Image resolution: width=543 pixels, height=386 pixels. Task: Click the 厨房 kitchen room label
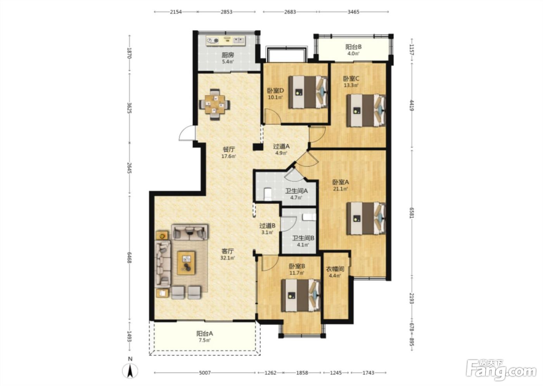(228, 55)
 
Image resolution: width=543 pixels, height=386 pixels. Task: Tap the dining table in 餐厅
(214, 105)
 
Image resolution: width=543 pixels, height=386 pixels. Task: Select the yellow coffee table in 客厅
(186, 263)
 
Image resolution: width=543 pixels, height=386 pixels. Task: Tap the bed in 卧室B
(301, 295)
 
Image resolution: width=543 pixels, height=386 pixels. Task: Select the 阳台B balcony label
(353, 47)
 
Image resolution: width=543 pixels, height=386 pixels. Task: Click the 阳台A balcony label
(205, 333)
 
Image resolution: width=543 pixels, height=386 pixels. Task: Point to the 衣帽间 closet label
(335, 269)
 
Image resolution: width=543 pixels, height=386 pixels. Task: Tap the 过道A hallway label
(281, 146)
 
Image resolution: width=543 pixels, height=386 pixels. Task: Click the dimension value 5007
(205, 373)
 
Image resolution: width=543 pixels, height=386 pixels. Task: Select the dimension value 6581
(412, 212)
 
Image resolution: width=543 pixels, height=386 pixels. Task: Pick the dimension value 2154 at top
(176, 12)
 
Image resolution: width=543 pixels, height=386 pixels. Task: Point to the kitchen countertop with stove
(226, 40)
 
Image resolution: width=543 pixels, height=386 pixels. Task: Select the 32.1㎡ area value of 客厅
(228, 258)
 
